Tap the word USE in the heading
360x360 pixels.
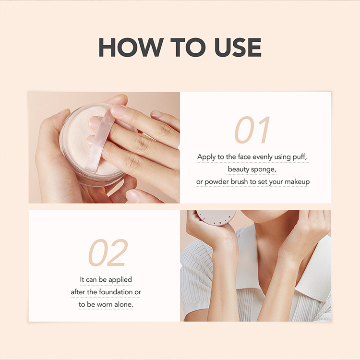point(238,48)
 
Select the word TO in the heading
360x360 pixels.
point(188,48)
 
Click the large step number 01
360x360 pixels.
point(252,130)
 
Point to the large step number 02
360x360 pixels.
point(108,252)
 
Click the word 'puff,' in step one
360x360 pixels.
point(300,157)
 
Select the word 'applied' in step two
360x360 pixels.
point(120,280)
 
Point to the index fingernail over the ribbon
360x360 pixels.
point(119,111)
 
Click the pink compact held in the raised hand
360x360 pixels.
point(216,217)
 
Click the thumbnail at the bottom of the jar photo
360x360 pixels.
point(132,195)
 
